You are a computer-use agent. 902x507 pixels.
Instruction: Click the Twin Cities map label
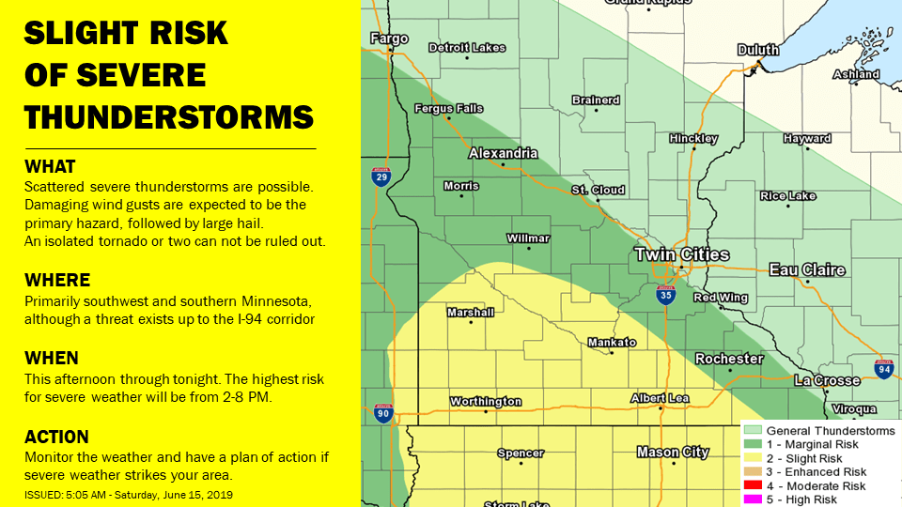click(681, 254)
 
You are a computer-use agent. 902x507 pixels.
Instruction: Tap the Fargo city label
click(389, 38)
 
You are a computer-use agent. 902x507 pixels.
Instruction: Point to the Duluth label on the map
click(758, 50)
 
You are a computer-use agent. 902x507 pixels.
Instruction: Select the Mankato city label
click(612, 343)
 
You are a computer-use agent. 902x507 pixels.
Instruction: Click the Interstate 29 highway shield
click(381, 177)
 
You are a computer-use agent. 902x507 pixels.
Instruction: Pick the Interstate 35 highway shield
click(664, 296)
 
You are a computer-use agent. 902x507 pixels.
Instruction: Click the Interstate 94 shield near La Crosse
click(883, 368)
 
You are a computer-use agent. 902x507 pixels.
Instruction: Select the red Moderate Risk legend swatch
click(753, 486)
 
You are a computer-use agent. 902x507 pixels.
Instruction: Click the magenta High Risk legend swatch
click(753, 500)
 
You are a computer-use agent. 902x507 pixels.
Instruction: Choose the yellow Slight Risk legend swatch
click(753, 458)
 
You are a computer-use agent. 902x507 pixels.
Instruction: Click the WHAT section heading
click(50, 167)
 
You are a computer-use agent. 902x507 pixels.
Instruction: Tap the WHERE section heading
click(57, 280)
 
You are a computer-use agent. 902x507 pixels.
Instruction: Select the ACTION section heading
click(57, 437)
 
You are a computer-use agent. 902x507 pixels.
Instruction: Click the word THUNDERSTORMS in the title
click(168, 117)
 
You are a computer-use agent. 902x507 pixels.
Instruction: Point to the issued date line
click(129, 494)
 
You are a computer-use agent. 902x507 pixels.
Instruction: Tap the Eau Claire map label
click(807, 270)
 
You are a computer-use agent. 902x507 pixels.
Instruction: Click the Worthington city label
click(485, 402)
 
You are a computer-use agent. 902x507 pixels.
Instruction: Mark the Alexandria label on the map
click(503, 153)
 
